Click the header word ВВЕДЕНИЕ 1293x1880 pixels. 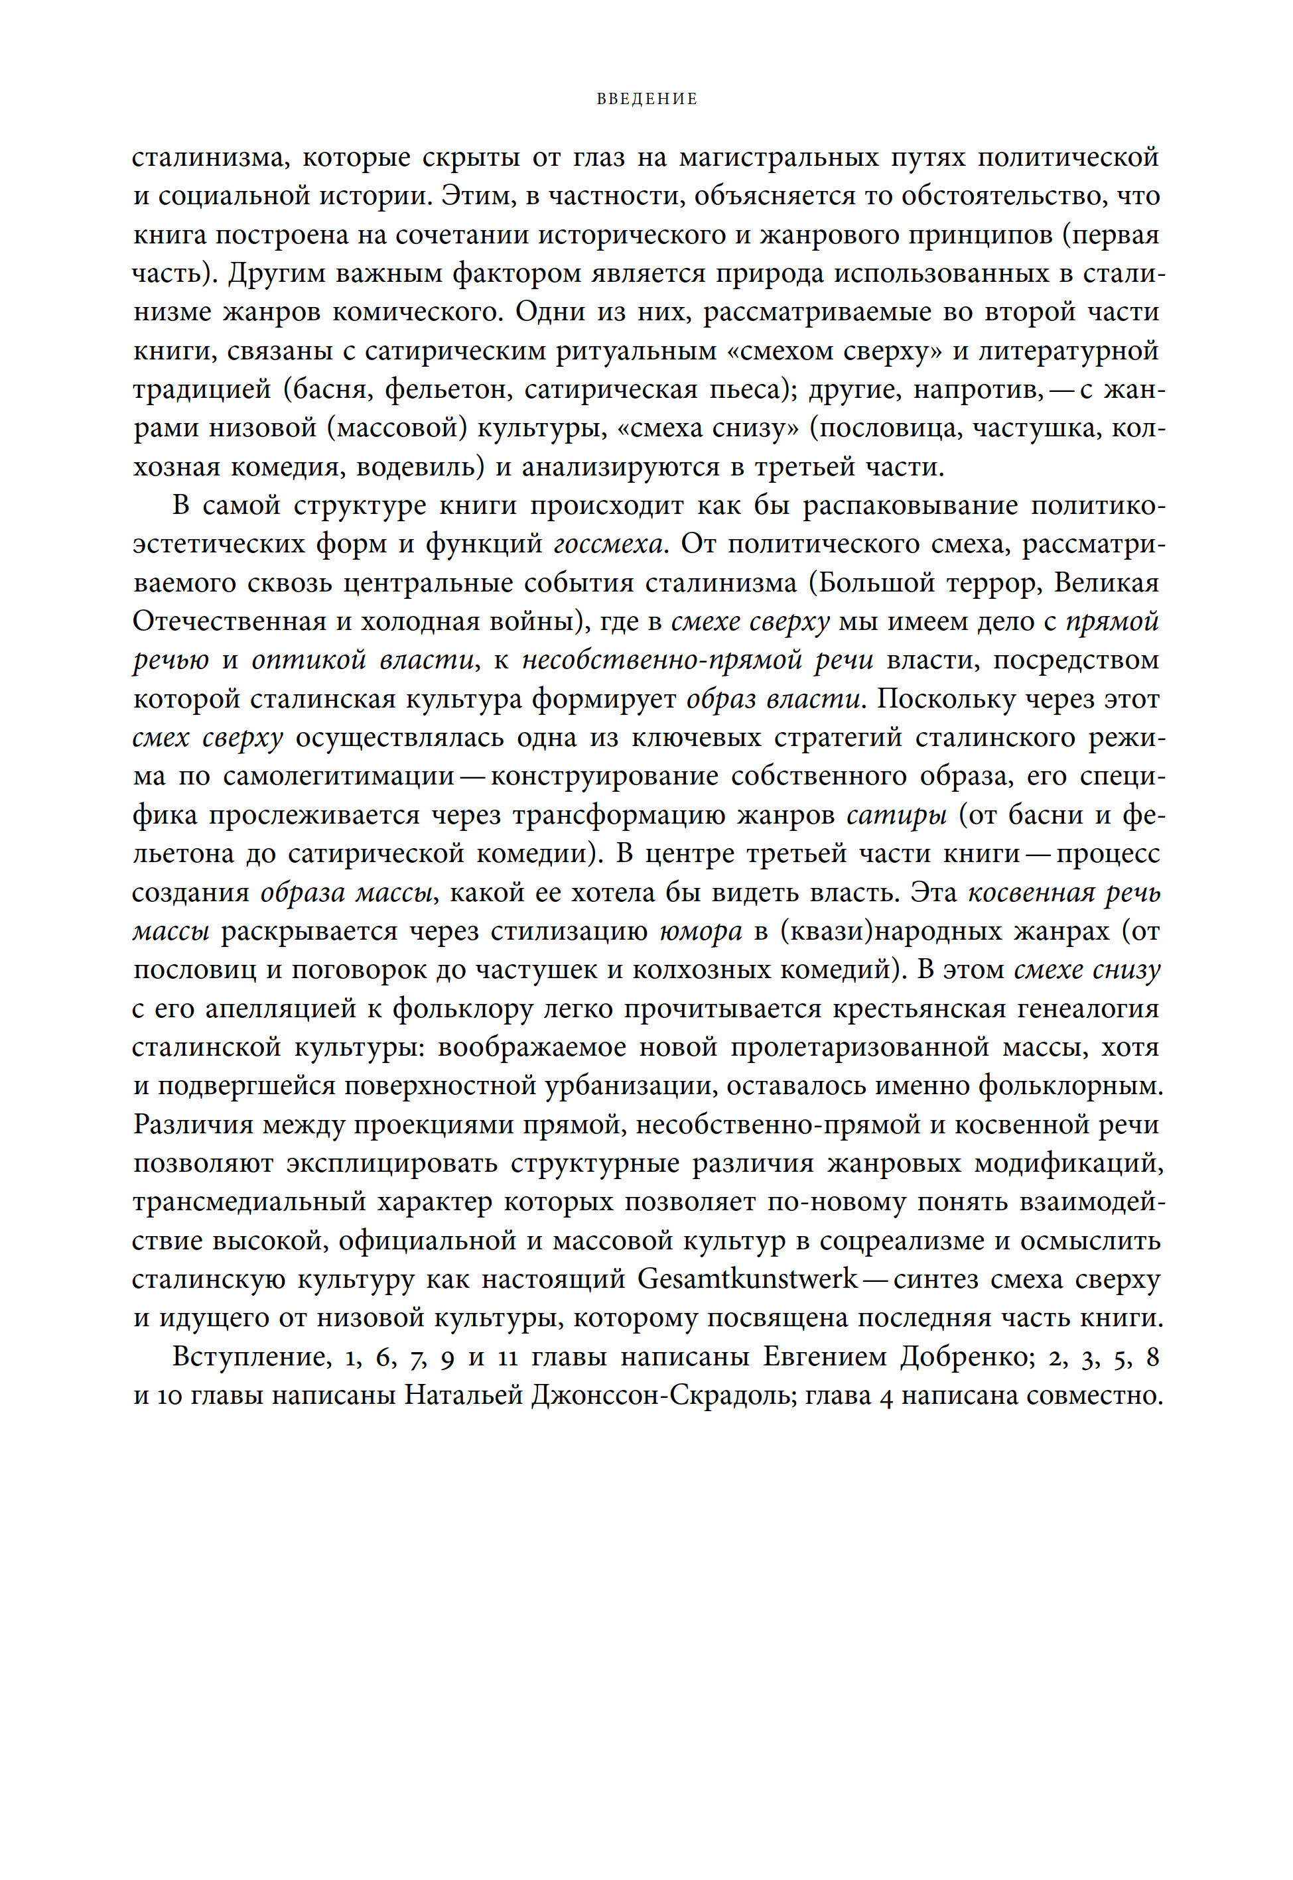646,99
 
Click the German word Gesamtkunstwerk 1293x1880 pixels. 747,1279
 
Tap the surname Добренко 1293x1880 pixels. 963,1357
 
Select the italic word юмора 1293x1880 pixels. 701,931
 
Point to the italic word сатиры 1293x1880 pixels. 897,815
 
